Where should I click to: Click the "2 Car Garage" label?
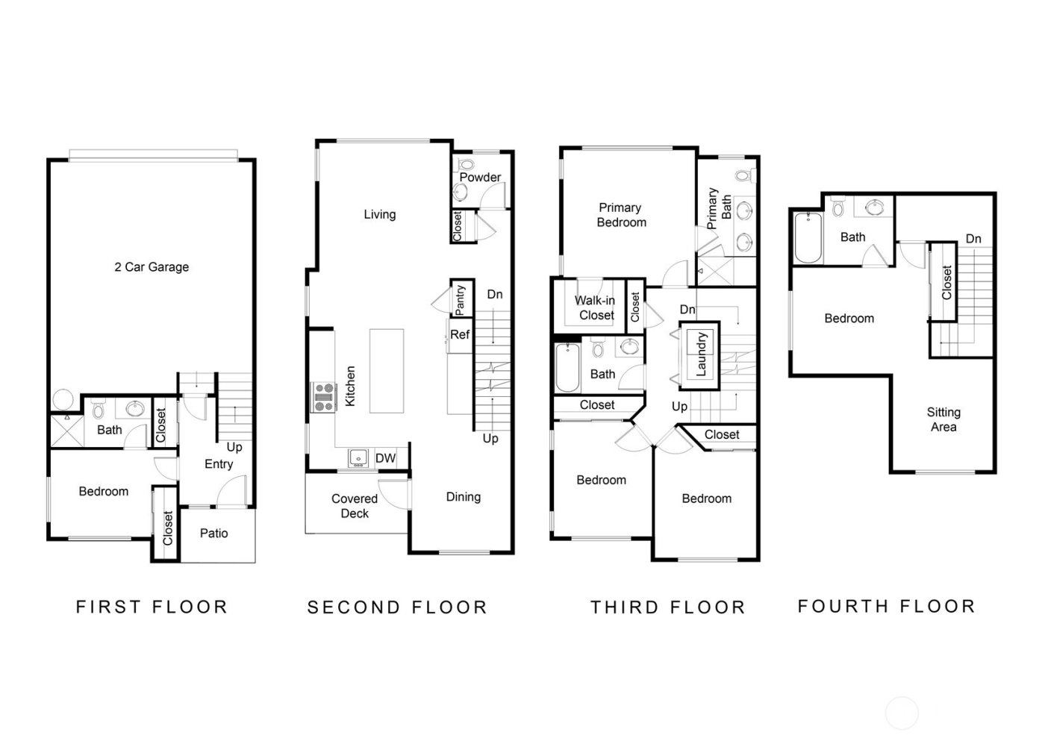click(152, 267)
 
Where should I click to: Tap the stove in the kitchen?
click(323, 397)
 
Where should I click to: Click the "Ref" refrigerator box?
click(460, 335)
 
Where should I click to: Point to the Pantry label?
click(461, 298)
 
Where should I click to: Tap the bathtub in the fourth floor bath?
click(808, 238)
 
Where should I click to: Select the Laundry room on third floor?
click(700, 354)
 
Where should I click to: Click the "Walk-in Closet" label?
click(596, 307)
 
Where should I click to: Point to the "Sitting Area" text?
click(943, 419)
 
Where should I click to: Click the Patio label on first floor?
click(214, 534)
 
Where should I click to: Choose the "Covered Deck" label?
click(355, 506)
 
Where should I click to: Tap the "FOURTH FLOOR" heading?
click(887, 606)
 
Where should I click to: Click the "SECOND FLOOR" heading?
click(397, 607)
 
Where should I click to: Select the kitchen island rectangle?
click(387, 371)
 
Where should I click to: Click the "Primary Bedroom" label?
click(621, 215)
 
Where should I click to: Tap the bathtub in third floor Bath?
click(568, 367)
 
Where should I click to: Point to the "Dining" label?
click(463, 497)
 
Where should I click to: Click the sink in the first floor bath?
click(135, 408)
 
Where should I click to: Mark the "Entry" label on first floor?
click(219, 464)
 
